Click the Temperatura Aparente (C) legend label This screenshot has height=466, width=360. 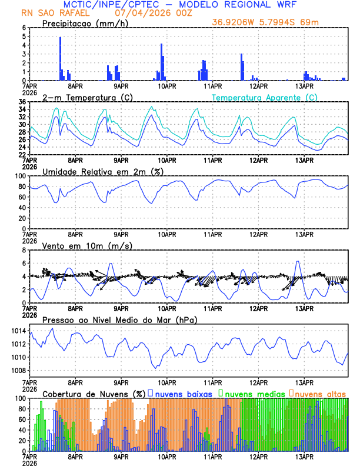(x=265, y=97)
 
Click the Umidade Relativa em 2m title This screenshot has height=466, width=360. (x=102, y=171)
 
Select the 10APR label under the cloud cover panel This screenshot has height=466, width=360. (x=167, y=457)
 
